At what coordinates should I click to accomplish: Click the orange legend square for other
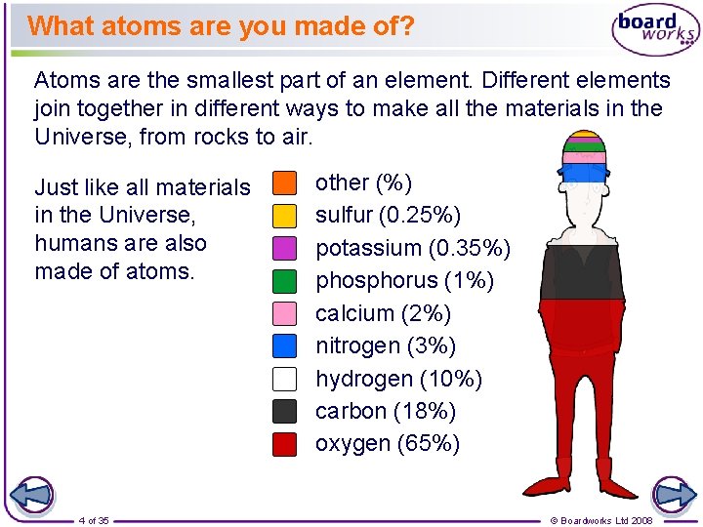point(284,182)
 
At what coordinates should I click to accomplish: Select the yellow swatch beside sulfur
point(284,215)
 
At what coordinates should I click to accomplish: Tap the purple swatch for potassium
point(284,248)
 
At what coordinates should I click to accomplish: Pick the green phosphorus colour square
point(284,281)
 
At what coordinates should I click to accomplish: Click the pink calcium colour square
point(284,313)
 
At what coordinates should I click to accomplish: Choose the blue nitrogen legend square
point(284,345)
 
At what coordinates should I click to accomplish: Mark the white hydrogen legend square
point(284,379)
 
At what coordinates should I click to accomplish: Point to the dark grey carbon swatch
point(284,411)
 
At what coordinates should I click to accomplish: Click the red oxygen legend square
point(284,444)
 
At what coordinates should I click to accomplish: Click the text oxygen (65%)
point(387,444)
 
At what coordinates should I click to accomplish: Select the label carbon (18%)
point(385,411)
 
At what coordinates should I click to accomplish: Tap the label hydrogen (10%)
point(398,379)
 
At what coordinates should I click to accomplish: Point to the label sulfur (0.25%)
point(388,215)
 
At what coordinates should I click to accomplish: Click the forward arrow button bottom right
point(673,495)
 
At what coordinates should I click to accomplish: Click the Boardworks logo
point(655,29)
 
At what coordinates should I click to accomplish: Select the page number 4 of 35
point(94,520)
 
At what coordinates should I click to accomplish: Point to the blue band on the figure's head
point(586,173)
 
